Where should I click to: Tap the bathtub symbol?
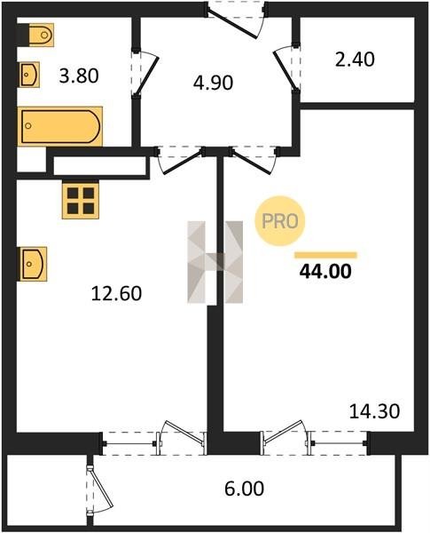click(x=59, y=126)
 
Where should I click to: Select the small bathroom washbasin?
click(x=29, y=75)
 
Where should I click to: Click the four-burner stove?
click(x=81, y=200)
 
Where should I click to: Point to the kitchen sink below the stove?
click(x=32, y=264)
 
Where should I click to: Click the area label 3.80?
click(x=79, y=76)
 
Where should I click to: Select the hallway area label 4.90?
click(x=213, y=83)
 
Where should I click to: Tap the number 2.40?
click(x=355, y=60)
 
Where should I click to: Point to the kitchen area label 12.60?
click(x=116, y=293)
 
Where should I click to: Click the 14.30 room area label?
click(x=374, y=411)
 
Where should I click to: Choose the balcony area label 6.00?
click(x=244, y=489)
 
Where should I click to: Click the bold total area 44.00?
click(x=325, y=271)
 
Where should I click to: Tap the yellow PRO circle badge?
click(x=280, y=221)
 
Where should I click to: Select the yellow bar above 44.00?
click(x=325, y=255)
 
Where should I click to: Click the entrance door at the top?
click(x=236, y=20)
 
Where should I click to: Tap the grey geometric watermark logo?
click(x=215, y=262)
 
